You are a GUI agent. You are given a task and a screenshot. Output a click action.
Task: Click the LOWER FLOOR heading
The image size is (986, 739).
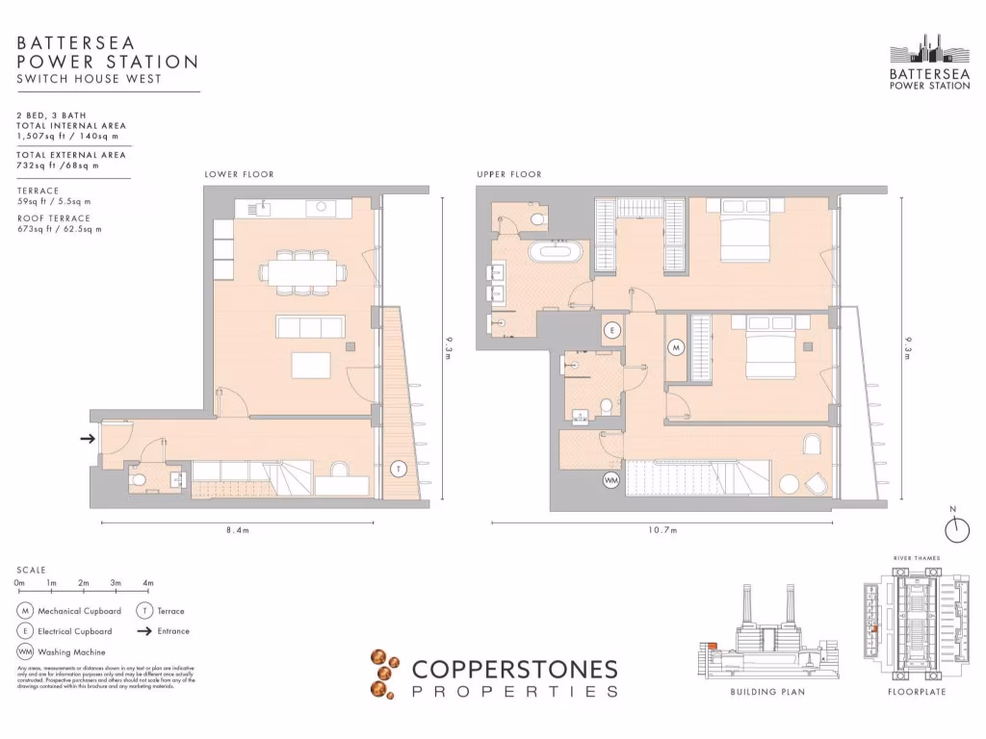tap(239, 174)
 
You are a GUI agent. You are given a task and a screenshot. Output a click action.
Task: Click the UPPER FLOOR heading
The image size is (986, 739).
tap(508, 174)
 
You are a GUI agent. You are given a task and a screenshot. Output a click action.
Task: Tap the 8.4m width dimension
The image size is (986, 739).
tap(238, 531)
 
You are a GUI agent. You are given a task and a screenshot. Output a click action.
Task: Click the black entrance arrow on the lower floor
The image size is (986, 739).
tap(87, 439)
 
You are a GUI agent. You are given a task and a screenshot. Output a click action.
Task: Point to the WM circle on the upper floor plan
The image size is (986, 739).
tap(611, 478)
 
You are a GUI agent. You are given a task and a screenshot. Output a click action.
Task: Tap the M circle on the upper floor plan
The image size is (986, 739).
tap(676, 346)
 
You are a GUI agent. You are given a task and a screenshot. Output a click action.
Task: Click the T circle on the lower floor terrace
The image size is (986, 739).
tap(398, 470)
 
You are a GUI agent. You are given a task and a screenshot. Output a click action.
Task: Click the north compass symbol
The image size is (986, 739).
tap(958, 527)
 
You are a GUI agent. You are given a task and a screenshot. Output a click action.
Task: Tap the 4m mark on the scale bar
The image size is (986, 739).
tap(147, 583)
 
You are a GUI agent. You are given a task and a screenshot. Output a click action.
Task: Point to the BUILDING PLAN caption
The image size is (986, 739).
tap(767, 692)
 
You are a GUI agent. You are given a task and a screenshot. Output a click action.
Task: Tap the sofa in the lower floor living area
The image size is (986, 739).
tap(310, 327)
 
